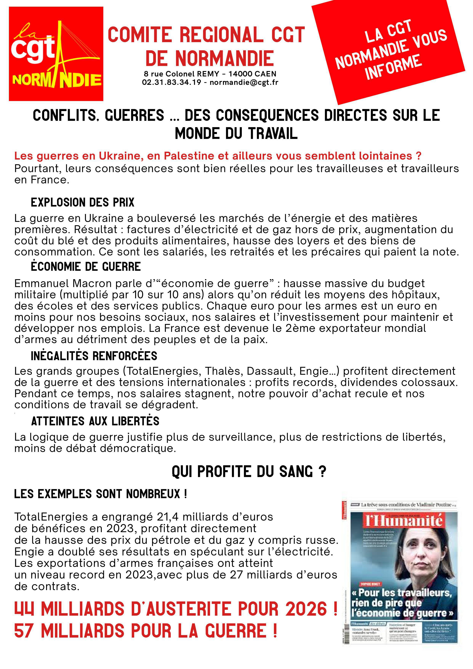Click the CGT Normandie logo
pyautogui.click(x=56, y=54)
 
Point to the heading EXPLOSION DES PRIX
pyautogui.click(x=83, y=202)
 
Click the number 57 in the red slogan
pyautogui.click(x=24, y=631)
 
